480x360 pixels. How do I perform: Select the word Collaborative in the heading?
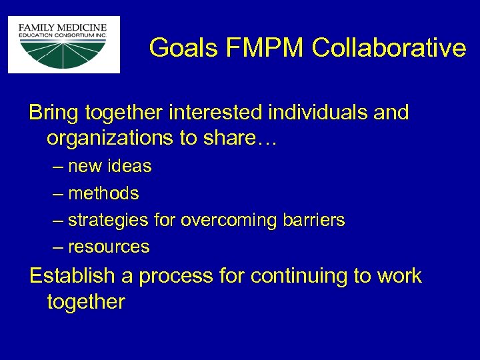(388, 48)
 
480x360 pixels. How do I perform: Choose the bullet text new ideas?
(110, 167)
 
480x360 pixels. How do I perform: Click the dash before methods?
(58, 193)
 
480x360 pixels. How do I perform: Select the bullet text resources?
(109, 247)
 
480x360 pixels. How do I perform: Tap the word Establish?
(71, 275)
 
